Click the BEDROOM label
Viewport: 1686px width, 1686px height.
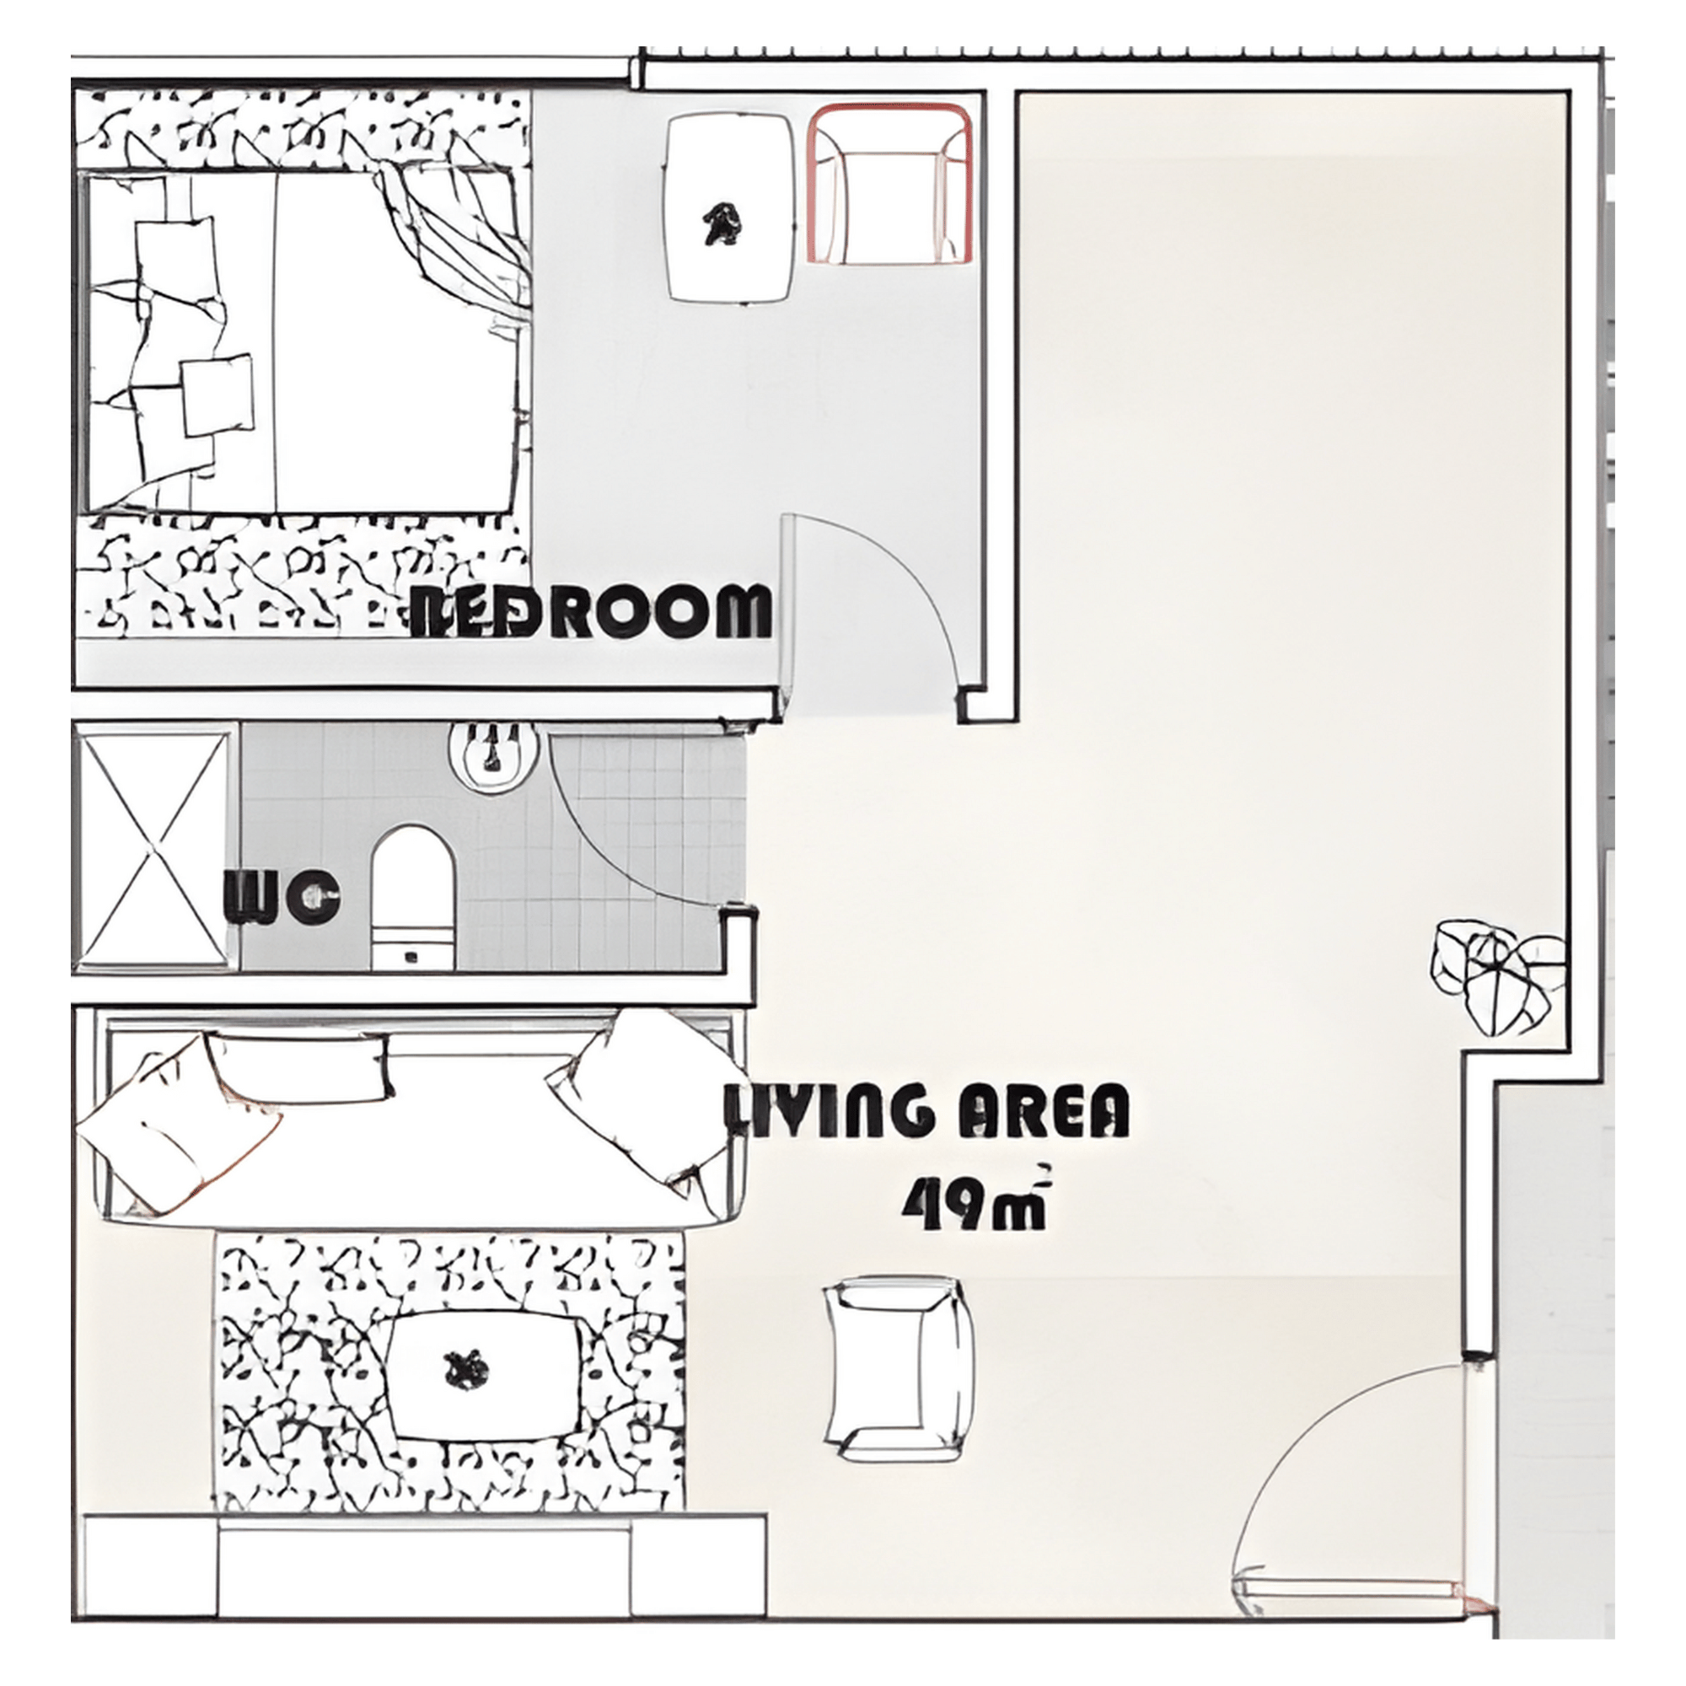pos(592,611)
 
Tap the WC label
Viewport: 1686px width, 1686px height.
pos(282,896)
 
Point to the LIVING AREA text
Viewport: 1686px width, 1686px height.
pos(927,1111)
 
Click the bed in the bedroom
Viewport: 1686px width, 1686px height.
pos(297,343)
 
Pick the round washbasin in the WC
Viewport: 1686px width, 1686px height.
pos(493,755)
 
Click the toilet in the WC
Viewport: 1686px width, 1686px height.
pos(413,898)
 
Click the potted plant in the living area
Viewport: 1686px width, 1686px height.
pos(1495,975)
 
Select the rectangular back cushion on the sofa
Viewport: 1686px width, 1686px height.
pos(298,1066)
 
